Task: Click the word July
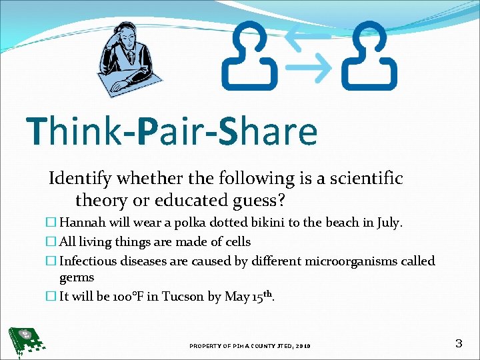coord(389,223)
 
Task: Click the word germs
coord(77,277)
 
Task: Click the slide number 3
coord(458,344)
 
